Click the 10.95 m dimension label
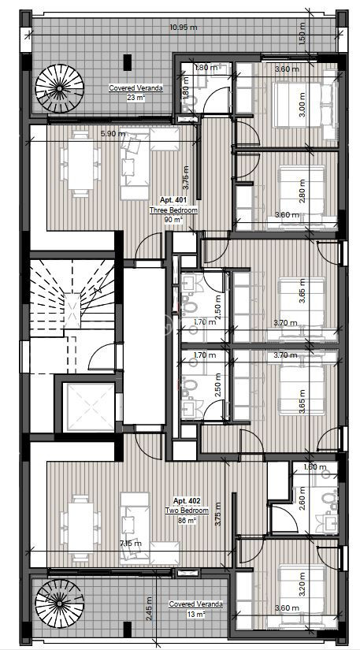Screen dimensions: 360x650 tap(183, 28)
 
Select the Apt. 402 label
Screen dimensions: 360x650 tap(187, 501)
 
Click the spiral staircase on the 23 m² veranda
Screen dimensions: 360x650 tap(59, 88)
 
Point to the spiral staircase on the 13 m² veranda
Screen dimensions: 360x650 tap(59, 604)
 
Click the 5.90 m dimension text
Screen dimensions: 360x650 tap(113, 133)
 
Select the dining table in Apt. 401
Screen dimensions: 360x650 tap(80, 164)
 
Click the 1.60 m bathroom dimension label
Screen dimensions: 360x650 tap(315, 467)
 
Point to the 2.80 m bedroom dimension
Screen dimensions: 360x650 tap(302, 190)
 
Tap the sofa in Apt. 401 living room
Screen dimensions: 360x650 tap(135, 164)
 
